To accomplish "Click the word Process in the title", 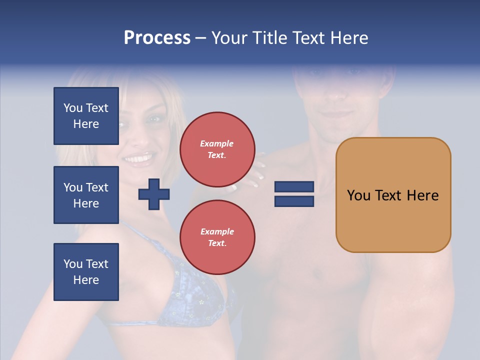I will click(157, 38).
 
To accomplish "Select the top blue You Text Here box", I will click(86, 116).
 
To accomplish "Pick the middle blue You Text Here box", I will click(86, 195).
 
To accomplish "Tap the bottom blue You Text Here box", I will click(86, 272).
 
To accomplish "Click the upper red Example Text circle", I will click(217, 149).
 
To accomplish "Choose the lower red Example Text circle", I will click(217, 237).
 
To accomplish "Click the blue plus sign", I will click(153, 194).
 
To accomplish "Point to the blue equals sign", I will click(294, 194).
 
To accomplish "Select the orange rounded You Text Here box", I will click(393, 195).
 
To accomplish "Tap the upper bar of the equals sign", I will click(294, 187).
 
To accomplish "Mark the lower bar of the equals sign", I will click(294, 201).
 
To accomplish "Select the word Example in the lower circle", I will click(217, 231).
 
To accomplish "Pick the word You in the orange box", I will click(358, 195).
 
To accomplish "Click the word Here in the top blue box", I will click(86, 124).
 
